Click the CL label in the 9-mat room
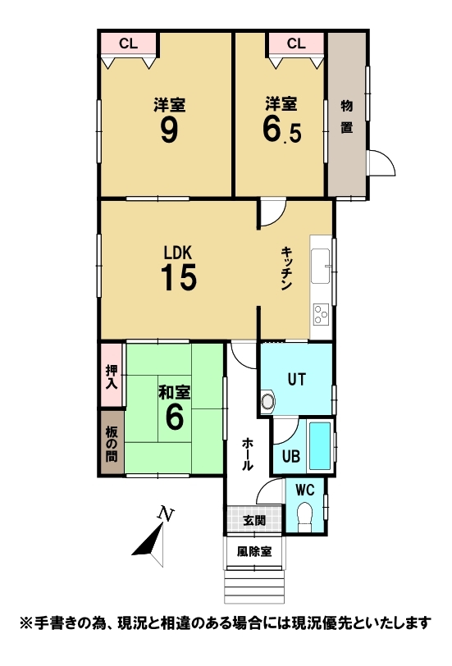128,43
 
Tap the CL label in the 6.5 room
296,43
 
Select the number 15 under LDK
179,277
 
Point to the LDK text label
179,253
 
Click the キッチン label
285,269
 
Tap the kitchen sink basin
320,267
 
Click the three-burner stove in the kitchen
322,315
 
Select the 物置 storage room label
347,116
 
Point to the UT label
296,379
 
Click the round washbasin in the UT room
268,401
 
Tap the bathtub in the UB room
319,445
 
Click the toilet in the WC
305,515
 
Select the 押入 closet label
112,376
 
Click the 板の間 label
112,445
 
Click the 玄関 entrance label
254,520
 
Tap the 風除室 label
254,551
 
